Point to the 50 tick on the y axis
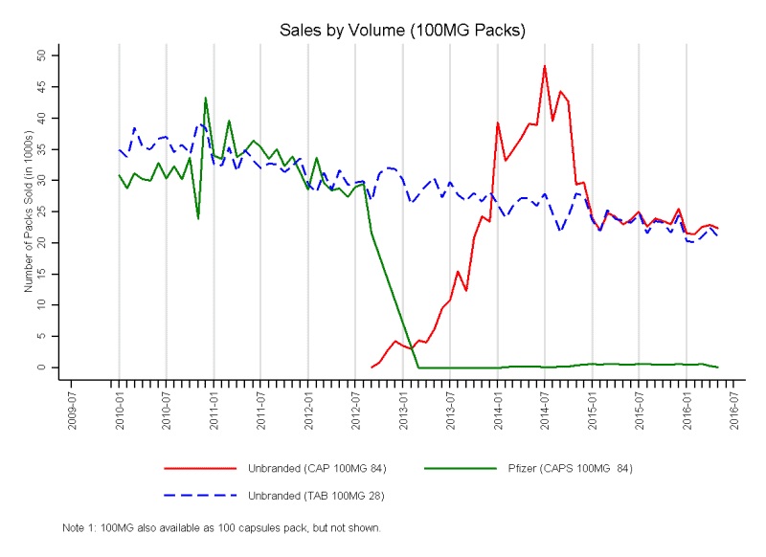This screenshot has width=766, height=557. [42, 56]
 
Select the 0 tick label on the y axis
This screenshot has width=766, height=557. [42, 368]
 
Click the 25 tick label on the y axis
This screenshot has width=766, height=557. [42, 212]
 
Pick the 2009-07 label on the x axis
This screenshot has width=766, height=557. [72, 408]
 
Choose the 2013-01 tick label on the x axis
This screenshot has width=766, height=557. [403, 408]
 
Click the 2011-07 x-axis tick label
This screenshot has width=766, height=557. [261, 408]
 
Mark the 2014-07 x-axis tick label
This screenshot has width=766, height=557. [545, 408]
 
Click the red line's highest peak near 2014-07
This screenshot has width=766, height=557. [544, 66]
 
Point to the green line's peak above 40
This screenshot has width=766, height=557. [206, 98]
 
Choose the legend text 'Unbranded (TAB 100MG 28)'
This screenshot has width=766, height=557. [316, 495]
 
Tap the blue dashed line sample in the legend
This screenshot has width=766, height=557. [200, 495]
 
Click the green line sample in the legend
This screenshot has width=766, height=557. [461, 468]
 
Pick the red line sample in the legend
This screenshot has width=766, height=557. [200, 468]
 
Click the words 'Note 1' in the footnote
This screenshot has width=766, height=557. [78, 527]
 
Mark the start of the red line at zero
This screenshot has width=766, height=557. [372, 367]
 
